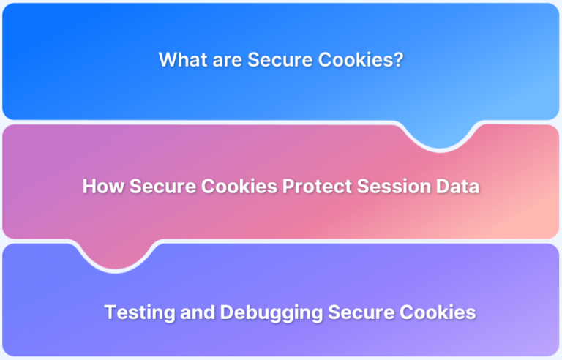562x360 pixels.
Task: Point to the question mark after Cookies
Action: (398, 60)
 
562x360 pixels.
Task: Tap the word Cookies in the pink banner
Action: (235, 187)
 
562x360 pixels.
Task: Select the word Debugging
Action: (270, 313)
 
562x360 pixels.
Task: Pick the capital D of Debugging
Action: (225, 312)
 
